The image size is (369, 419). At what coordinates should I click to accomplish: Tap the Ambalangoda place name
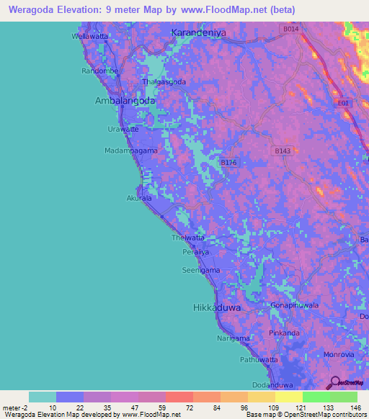[x=125, y=102]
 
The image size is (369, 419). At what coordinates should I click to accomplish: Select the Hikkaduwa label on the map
[x=217, y=307]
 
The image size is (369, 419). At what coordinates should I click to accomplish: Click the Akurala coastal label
[x=139, y=197]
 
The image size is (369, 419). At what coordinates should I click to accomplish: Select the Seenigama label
[x=201, y=271]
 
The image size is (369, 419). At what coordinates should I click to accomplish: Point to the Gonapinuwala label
[x=295, y=305]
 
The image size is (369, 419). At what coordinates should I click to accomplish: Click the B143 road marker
[x=283, y=151]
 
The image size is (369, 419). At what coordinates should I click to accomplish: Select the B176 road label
[x=228, y=163]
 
